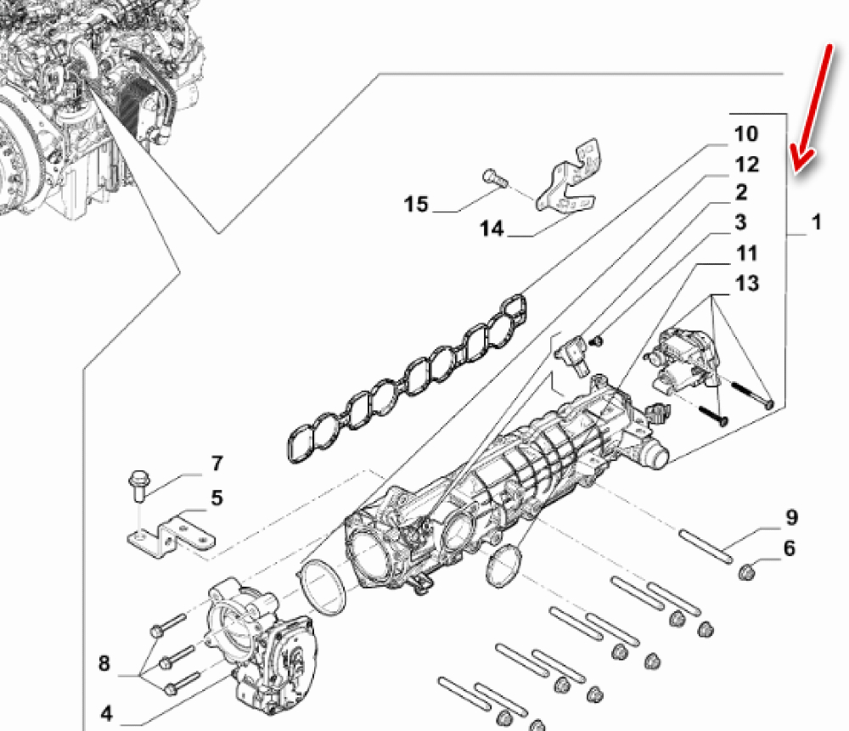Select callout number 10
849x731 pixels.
(x=745, y=134)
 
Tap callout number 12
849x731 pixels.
(x=745, y=164)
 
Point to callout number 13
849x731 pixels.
(x=747, y=283)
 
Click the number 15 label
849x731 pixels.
(x=416, y=205)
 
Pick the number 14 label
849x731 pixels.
(x=492, y=228)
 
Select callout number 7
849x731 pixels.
(x=216, y=464)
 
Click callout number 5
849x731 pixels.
(x=216, y=498)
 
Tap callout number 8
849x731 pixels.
(x=104, y=663)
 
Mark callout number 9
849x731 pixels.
(x=790, y=516)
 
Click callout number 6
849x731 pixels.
(x=790, y=548)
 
